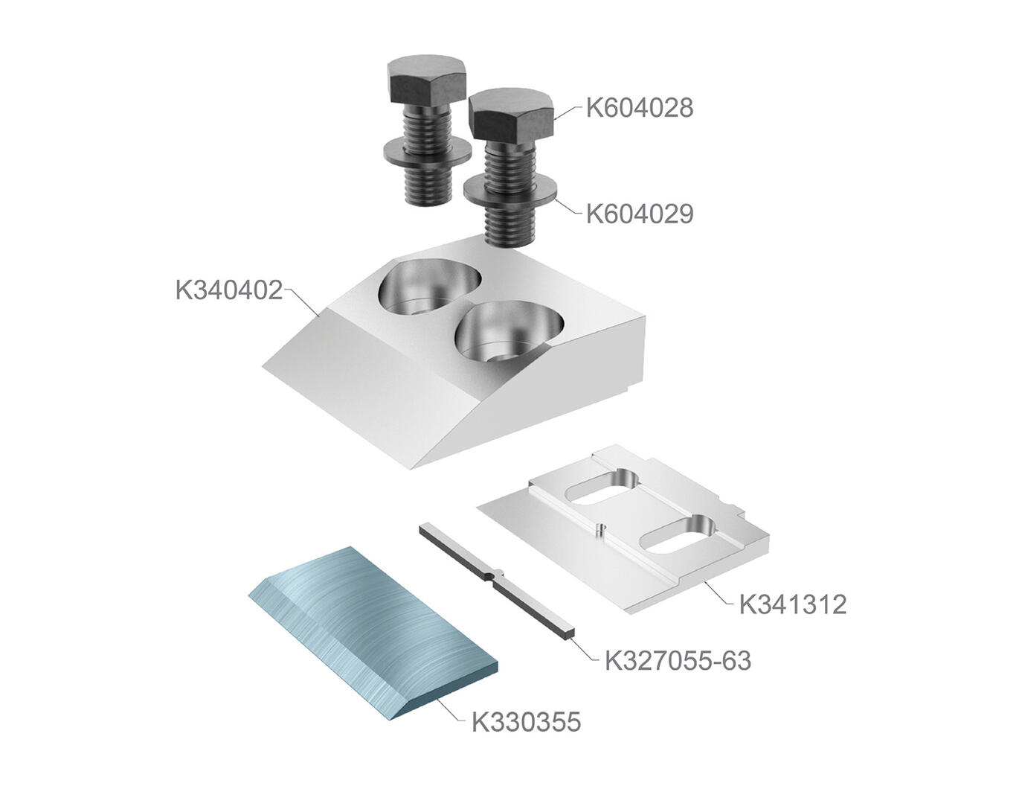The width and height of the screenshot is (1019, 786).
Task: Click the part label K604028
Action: (x=640, y=108)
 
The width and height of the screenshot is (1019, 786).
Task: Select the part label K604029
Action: (x=640, y=214)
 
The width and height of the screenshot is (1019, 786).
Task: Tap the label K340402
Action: (x=229, y=290)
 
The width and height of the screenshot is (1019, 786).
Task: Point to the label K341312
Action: (x=793, y=605)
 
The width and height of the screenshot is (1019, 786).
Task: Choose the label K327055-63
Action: (x=678, y=661)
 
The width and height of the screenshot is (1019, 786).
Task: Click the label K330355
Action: (x=526, y=722)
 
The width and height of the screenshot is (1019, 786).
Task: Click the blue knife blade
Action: (x=373, y=633)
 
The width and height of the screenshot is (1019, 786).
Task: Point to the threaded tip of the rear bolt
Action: (x=427, y=188)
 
